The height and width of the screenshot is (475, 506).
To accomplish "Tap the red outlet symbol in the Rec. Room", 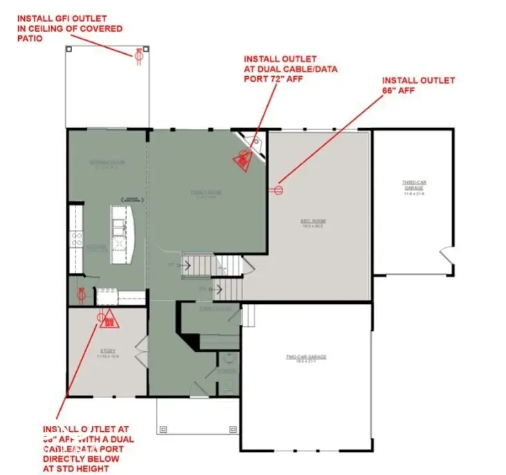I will click(x=280, y=188).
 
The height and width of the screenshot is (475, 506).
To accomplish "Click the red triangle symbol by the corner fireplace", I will click(x=242, y=161).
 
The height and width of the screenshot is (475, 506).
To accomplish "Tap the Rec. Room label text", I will click(x=313, y=222).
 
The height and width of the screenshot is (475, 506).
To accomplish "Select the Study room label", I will click(x=107, y=351).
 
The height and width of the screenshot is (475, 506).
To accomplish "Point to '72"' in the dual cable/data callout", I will click(x=292, y=79).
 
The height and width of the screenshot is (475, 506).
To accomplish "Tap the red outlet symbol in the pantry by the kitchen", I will click(x=81, y=294).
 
